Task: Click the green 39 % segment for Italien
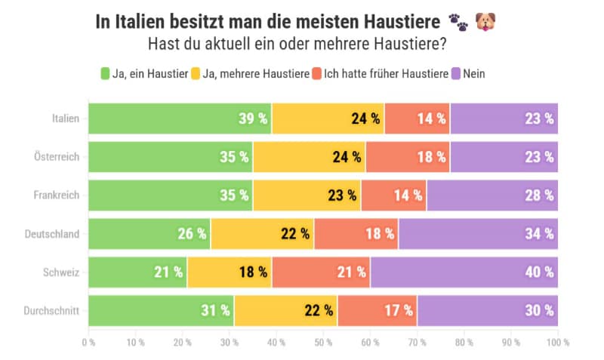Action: (x=180, y=118)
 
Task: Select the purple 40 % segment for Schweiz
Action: (x=464, y=272)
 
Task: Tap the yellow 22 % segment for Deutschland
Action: (x=262, y=233)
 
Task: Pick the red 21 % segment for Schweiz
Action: (x=321, y=272)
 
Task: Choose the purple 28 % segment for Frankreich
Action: (x=492, y=195)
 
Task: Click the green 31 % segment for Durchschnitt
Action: (x=162, y=310)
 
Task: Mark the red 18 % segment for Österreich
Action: (x=408, y=157)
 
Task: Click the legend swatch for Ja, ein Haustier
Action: (x=106, y=73)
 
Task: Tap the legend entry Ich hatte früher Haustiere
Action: (x=384, y=73)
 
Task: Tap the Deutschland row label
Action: (x=52, y=233)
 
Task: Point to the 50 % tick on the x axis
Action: (x=323, y=343)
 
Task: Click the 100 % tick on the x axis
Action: (x=557, y=343)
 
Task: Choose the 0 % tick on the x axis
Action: (x=89, y=343)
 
